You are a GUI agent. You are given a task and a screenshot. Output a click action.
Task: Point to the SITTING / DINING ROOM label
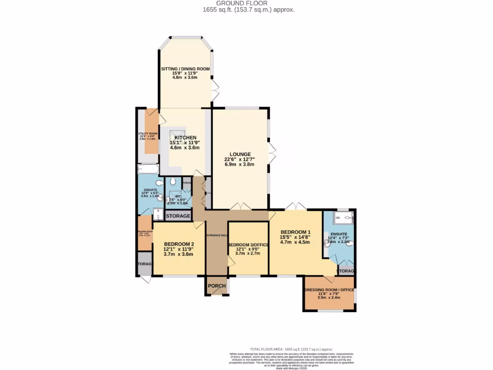pos(185,69)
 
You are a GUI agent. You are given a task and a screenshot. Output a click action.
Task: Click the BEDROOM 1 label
pos(296,231)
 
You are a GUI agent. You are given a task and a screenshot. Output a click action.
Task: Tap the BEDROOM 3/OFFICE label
pos(247,245)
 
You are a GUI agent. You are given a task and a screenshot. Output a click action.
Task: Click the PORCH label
pos(217,286)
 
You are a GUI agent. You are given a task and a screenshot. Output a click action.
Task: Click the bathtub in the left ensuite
pos(148,169)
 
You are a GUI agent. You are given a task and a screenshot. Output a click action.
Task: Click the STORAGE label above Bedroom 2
pos(178,216)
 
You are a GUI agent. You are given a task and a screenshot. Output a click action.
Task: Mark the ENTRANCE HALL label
pos(217,235)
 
